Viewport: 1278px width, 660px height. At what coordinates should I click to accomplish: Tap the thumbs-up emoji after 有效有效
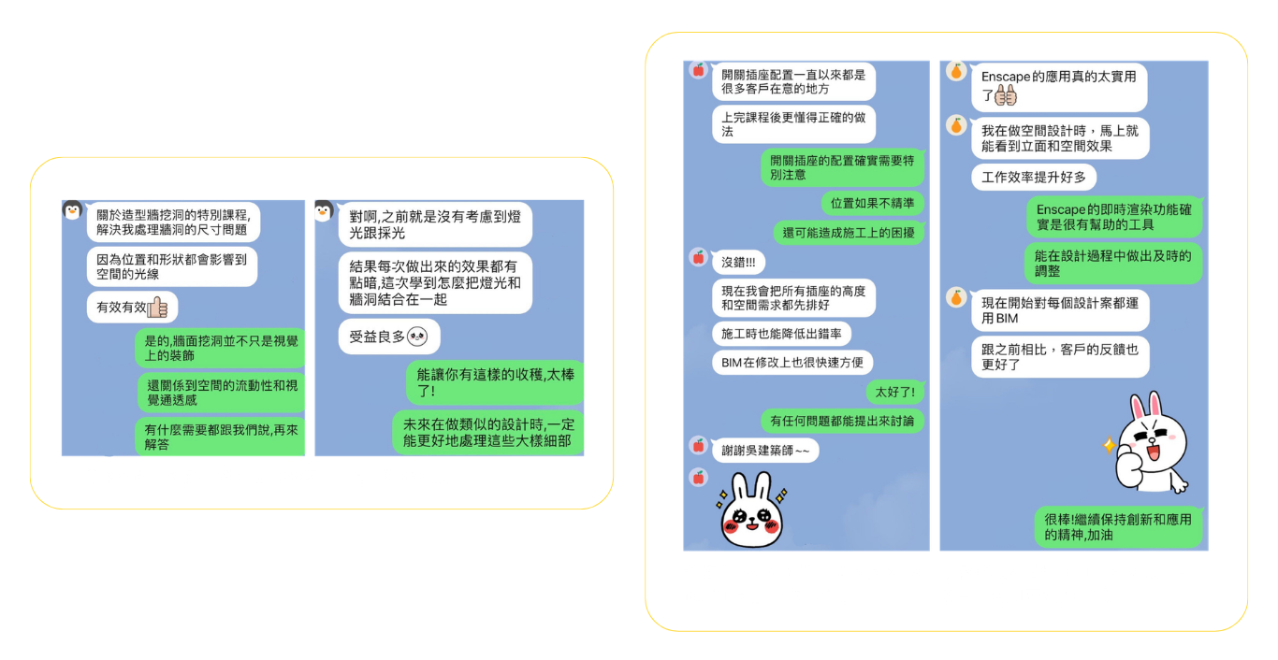pos(157,307)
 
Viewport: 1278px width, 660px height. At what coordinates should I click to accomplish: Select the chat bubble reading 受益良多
pos(388,337)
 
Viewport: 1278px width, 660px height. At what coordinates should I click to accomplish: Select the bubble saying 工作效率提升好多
pos(1034,176)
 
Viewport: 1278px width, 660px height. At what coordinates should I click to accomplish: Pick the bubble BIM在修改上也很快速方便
pos(791,362)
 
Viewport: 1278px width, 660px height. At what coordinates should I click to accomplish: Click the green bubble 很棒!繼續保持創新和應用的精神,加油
pos(1118,526)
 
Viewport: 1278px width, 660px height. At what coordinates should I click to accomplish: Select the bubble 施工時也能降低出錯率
pos(781,333)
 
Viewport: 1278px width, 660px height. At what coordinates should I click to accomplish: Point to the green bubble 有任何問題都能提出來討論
pos(842,421)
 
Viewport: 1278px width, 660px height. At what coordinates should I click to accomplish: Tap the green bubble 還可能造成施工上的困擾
pos(849,232)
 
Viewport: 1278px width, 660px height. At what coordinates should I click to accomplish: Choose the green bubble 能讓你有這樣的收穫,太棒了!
pos(495,382)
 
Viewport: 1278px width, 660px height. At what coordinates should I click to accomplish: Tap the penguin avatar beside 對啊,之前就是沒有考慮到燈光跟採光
pos(323,211)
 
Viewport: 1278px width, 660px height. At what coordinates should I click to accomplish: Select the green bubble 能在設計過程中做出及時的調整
pos(1112,263)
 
